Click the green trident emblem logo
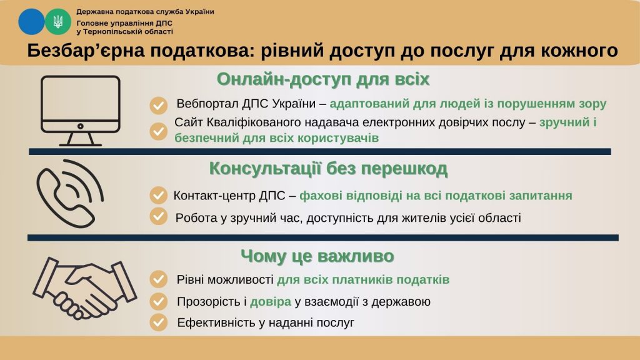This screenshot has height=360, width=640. coord(58,22)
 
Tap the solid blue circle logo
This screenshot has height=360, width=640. coord(31,22)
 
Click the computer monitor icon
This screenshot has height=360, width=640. coord(81,111)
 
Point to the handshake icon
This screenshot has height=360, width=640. coord(84,288)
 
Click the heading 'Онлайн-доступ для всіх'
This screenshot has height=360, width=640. coord(323,79)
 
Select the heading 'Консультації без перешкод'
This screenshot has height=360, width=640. coord(328,169)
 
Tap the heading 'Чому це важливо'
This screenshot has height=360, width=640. coord(317,256)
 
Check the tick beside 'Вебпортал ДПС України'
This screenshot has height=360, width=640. coord(158,105)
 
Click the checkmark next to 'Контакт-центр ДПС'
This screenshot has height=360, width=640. coord(158,195)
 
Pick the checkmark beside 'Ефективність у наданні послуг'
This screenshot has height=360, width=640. coord(158,322)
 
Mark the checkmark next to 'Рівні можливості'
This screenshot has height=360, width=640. coord(158,279)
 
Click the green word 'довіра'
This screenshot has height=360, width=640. coord(271,302)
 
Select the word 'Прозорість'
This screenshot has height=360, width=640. coord(210,302)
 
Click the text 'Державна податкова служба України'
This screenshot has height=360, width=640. coord(145,11)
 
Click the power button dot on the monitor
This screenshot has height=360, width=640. coord(81,126)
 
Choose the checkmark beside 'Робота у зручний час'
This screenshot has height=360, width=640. coord(158,216)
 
